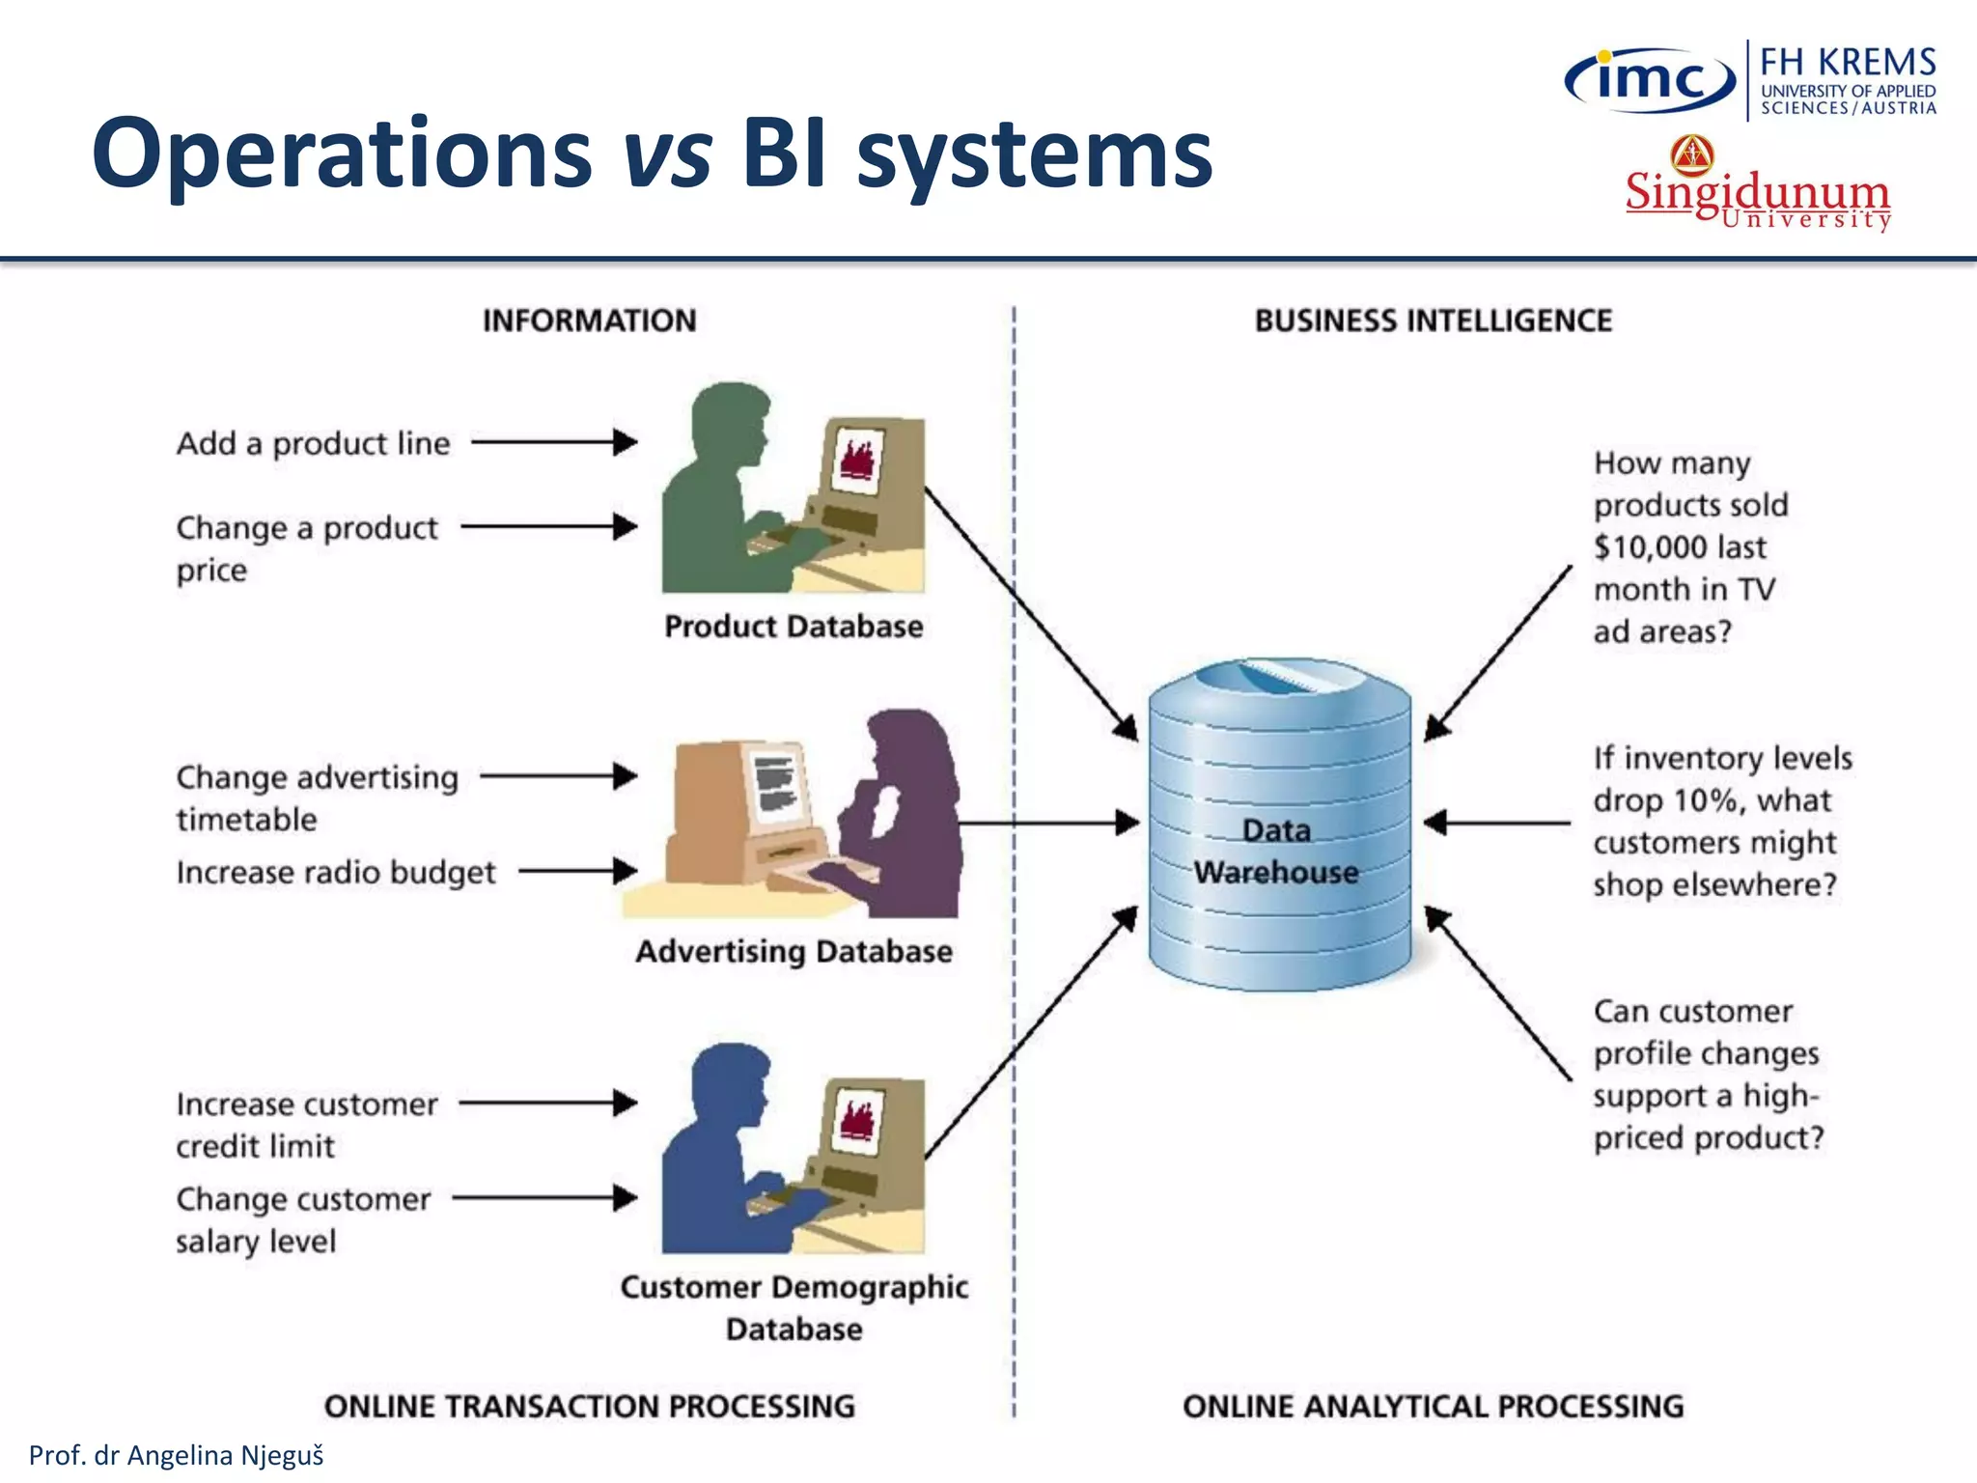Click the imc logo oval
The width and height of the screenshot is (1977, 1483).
pos(1650,80)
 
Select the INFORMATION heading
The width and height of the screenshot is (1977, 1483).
pos(589,321)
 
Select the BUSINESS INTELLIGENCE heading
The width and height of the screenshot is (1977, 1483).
pos(1433,321)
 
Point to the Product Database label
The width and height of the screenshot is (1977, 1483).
pos(794,627)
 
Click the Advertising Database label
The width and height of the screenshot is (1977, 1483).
pos(794,952)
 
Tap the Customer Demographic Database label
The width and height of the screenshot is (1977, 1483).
pos(794,1307)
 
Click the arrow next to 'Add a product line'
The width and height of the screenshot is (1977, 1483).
pos(554,442)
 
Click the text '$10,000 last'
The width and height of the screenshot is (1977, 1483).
pos(1680,547)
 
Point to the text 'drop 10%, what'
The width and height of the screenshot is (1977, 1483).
pos(1712,800)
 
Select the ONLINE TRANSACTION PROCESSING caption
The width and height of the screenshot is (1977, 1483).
pos(589,1406)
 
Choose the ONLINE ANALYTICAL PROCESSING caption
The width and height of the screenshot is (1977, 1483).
pos(1433,1406)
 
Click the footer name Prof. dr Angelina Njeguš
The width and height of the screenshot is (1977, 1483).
pos(177,1455)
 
